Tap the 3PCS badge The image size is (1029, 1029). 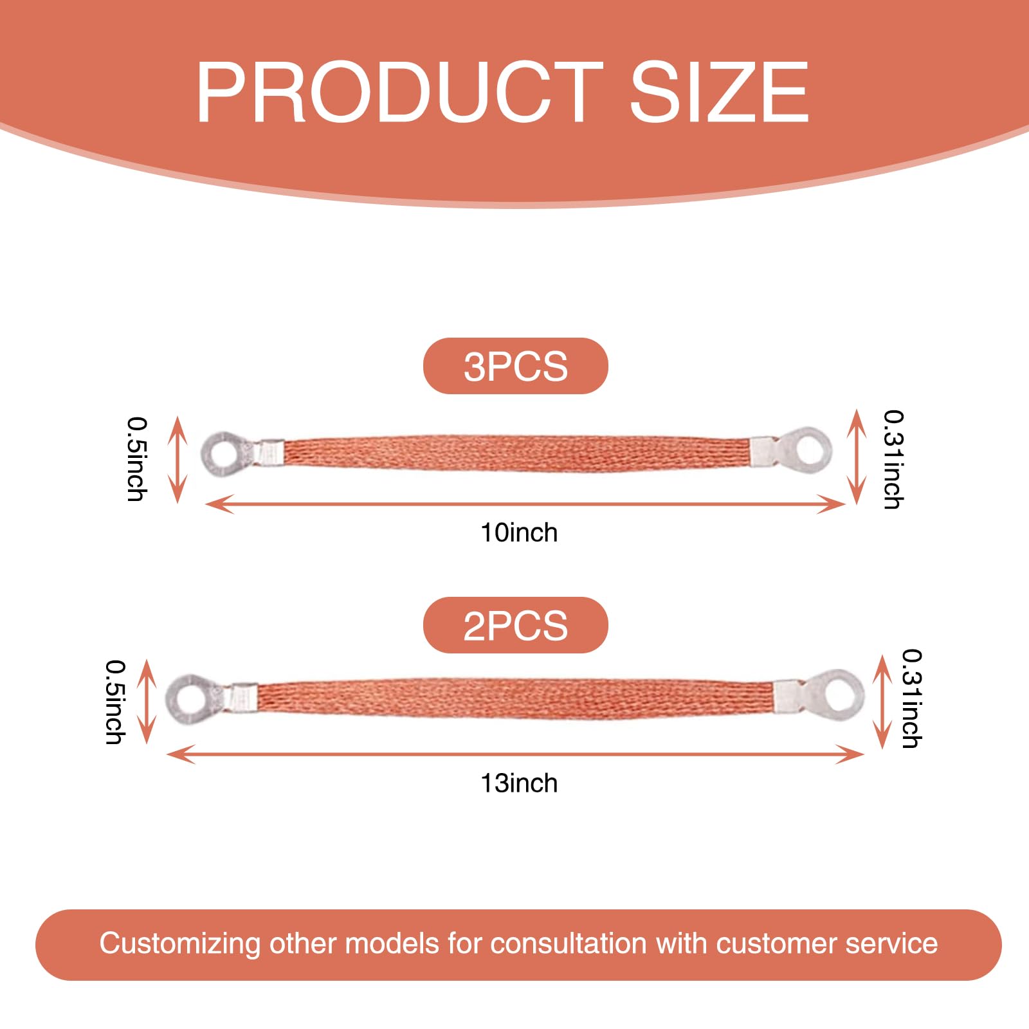click(515, 366)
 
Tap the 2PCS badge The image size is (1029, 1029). click(515, 625)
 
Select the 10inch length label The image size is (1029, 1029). click(519, 533)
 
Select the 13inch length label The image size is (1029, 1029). click(519, 783)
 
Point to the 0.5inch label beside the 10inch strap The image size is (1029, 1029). click(137, 459)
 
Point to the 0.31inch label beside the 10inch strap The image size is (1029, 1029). click(893, 459)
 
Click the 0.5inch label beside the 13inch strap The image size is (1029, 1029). click(116, 702)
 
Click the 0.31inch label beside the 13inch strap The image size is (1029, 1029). click(912, 698)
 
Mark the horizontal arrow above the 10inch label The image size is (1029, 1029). click(525, 504)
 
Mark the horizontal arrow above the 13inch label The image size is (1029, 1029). click(514, 754)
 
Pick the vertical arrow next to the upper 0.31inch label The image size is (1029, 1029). click(856, 457)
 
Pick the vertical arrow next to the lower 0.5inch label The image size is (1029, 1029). click(147, 701)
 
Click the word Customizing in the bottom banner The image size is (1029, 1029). click(179, 944)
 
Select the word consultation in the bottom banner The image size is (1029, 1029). click(569, 943)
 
